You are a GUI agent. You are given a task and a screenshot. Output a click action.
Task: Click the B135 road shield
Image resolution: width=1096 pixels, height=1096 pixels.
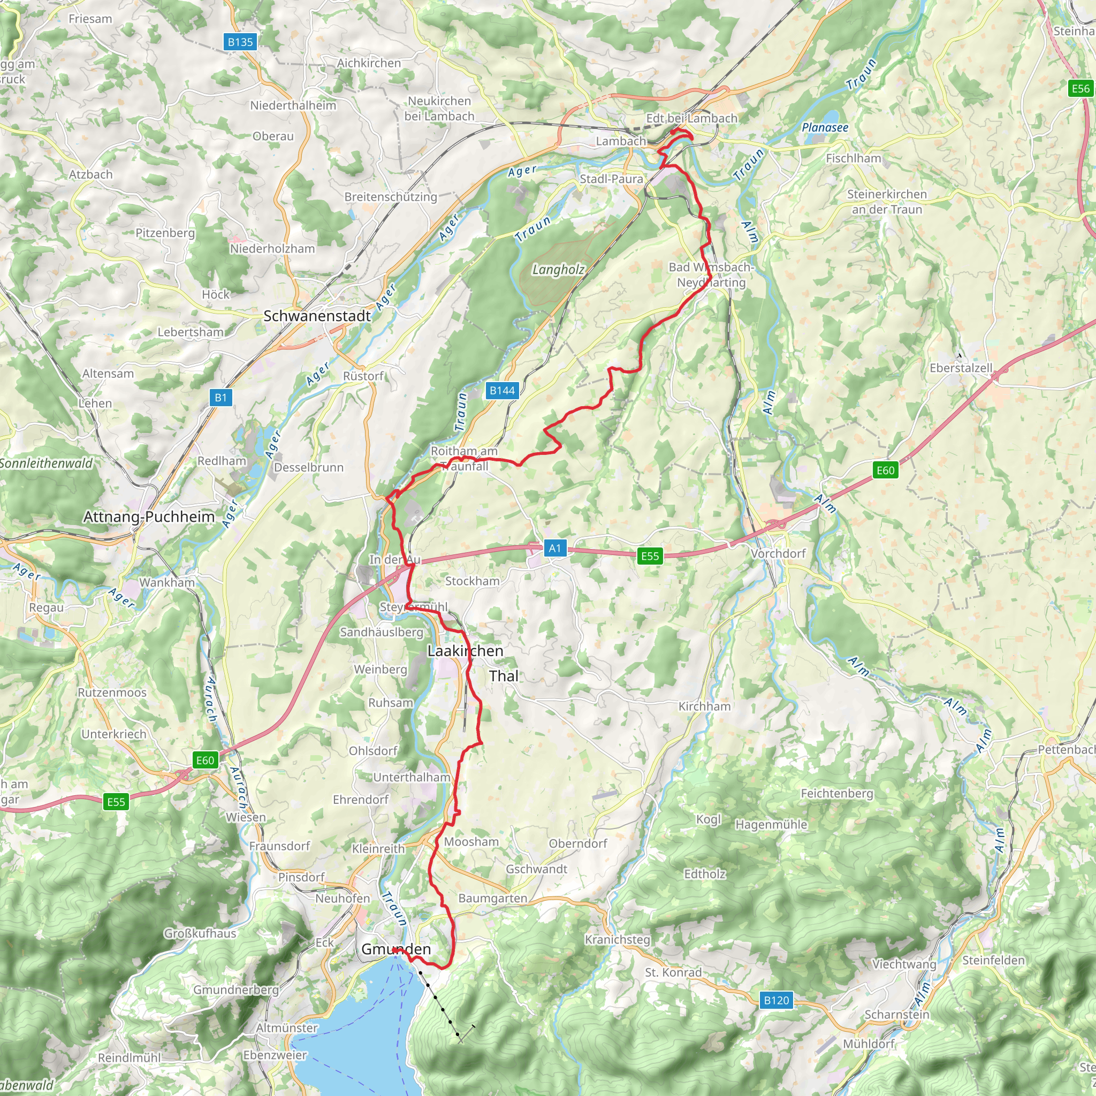[x=240, y=42]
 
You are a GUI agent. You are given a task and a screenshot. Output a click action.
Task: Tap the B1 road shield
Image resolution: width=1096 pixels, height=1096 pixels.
[x=220, y=398]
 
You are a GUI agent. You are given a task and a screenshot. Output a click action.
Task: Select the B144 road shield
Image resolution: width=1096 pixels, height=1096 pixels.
[x=502, y=390]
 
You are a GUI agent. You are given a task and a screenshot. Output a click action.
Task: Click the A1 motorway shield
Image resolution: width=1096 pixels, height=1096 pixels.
[x=555, y=548]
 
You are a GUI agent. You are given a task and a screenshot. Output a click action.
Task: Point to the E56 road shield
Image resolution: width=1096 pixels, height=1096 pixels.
[x=1080, y=88]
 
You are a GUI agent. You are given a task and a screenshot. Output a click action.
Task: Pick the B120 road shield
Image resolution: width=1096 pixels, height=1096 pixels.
[x=776, y=1000]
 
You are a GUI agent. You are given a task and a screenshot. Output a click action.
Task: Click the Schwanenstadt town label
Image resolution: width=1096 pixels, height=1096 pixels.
[x=317, y=316]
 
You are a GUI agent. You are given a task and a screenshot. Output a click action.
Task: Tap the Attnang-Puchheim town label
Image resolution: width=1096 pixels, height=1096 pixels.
[x=149, y=517]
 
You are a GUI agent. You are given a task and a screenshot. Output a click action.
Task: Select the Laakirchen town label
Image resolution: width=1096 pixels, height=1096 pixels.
[x=465, y=651]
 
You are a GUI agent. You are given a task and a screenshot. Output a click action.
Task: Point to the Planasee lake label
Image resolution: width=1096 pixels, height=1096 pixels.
[x=825, y=128]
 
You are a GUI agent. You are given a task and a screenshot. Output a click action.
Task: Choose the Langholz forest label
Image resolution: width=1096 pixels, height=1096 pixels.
[x=558, y=270]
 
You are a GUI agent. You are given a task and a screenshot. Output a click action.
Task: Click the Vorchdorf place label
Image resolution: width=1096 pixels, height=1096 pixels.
[x=778, y=554]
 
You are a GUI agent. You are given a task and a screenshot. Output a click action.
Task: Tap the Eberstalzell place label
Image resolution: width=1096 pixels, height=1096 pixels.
[x=961, y=368]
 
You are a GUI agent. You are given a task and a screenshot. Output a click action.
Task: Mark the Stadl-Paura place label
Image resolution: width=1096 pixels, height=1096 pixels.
[x=612, y=179]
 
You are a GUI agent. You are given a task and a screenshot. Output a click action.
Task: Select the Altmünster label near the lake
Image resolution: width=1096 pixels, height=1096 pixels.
[x=286, y=1028]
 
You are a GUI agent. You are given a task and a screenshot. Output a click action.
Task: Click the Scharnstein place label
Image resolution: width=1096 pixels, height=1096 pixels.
[x=897, y=1014]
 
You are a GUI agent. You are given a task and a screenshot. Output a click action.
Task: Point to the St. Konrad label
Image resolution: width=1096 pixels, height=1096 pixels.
[x=673, y=972]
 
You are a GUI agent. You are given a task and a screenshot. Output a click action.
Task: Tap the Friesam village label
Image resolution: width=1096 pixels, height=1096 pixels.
[x=90, y=19]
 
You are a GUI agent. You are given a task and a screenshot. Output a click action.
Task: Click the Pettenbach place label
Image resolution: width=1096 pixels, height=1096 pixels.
[x=1065, y=749]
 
